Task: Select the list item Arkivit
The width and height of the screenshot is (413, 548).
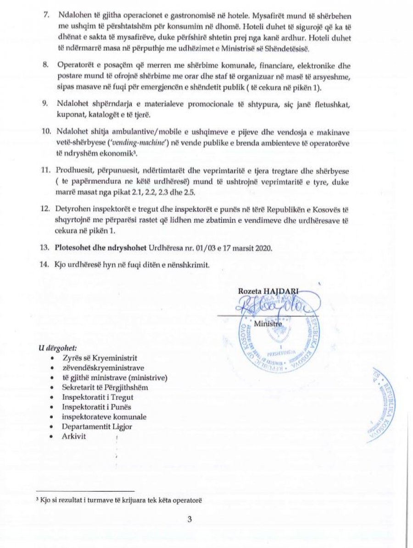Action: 74,436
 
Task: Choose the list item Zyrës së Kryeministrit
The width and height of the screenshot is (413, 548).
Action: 100,358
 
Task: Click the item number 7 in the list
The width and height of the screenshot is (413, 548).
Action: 46,14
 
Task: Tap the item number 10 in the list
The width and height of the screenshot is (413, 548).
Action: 46,133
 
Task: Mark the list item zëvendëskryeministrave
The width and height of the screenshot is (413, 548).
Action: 103,368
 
